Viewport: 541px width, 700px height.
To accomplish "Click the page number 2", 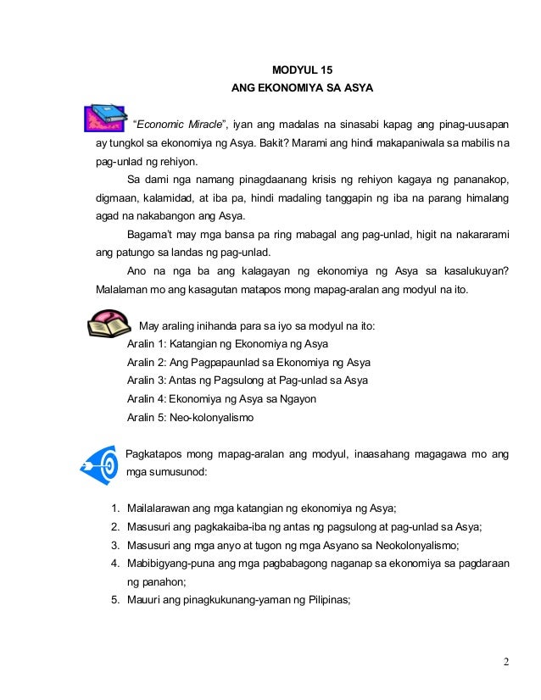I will (x=505, y=662).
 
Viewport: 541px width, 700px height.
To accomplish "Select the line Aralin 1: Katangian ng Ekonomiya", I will (x=227, y=344).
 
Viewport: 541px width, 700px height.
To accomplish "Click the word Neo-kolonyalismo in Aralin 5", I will (x=211, y=418).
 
